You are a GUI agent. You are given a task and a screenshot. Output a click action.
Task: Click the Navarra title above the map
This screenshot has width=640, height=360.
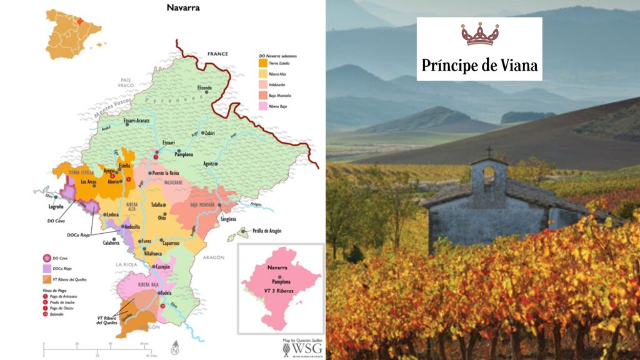(182, 8)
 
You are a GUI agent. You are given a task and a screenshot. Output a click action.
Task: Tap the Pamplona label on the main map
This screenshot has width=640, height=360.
(191, 151)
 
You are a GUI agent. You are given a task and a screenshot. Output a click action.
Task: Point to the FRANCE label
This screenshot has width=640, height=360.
(219, 54)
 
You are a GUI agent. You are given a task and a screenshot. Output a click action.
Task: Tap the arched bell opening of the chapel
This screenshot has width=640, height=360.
(489, 176)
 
